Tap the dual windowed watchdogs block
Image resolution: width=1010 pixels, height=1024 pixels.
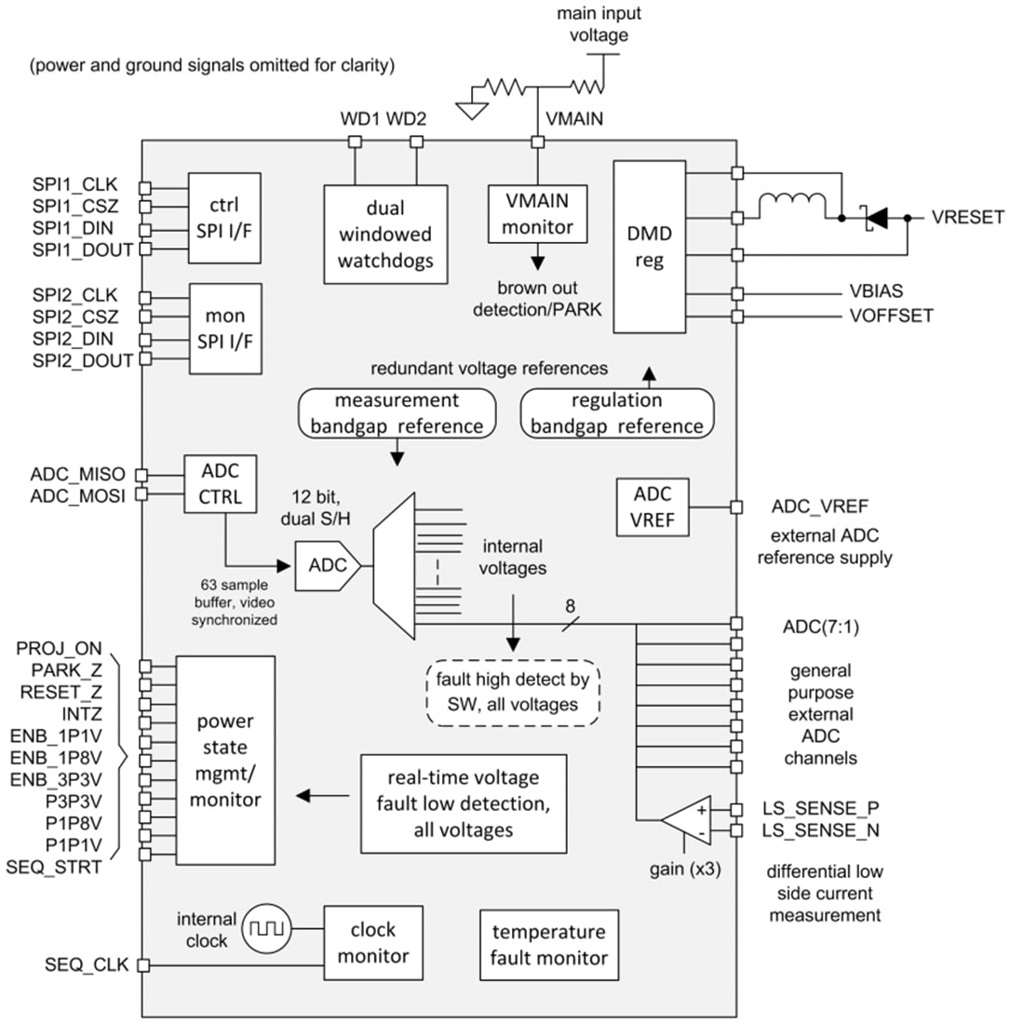click(x=385, y=234)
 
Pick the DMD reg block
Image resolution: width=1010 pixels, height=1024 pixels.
click(x=649, y=248)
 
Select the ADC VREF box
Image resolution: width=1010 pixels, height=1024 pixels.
click(x=653, y=507)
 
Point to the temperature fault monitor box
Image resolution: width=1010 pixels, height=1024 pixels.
click(x=549, y=944)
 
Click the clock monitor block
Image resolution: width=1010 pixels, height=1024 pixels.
click(x=372, y=942)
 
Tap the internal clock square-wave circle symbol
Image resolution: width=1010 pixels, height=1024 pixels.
click(x=267, y=927)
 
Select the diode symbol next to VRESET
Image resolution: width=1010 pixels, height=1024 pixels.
click(x=873, y=218)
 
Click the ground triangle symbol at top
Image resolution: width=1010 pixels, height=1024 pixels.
click(x=473, y=110)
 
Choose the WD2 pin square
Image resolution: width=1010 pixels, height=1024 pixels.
click(x=416, y=141)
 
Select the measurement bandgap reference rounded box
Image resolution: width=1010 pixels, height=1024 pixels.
click(x=397, y=413)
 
